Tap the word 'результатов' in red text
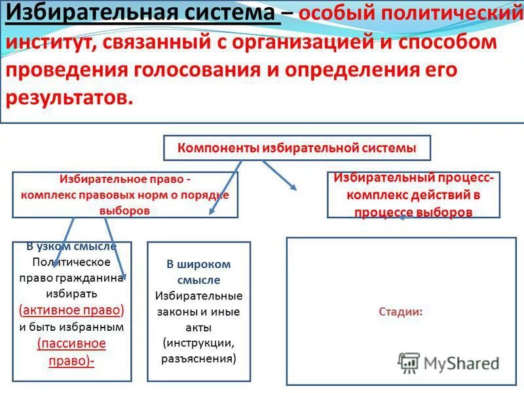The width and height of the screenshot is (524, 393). click(x=68, y=98)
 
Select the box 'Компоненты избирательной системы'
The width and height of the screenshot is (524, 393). click(x=297, y=148)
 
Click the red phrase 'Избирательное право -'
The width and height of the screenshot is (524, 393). click(x=125, y=178)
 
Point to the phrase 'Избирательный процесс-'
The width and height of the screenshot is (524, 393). click(x=414, y=178)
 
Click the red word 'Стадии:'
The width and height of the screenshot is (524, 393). click(x=400, y=312)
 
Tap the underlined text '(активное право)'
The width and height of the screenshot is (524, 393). click(x=72, y=310)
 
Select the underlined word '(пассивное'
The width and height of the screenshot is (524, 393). click(x=72, y=344)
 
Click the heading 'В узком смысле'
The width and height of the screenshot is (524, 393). click(x=72, y=247)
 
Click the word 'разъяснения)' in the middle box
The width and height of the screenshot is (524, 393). click(x=198, y=358)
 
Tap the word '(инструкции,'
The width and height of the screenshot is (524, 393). click(x=198, y=343)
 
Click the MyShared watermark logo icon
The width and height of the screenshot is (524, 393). click(x=409, y=362)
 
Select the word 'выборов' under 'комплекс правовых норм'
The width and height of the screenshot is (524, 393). click(x=125, y=211)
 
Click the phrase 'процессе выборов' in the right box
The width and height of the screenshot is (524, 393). click(x=414, y=212)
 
